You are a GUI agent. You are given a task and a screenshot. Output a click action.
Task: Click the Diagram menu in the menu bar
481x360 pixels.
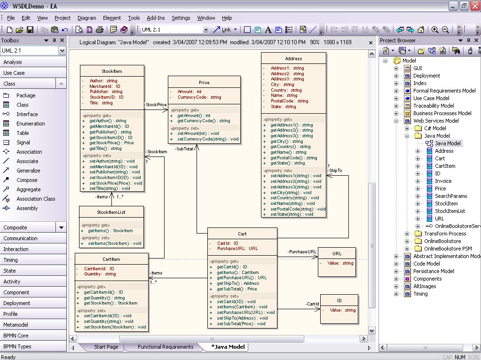tap(87, 18)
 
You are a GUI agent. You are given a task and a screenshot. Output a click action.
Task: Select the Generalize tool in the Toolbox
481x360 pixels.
tap(28, 171)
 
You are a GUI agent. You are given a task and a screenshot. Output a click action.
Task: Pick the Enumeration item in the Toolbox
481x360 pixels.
tap(31, 124)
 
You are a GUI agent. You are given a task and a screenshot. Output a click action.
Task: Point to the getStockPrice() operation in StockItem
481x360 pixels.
tap(111, 143)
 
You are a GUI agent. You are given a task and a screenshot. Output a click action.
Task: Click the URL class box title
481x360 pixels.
tap(337, 254)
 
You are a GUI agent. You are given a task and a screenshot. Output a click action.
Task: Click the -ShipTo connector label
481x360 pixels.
tap(335, 171)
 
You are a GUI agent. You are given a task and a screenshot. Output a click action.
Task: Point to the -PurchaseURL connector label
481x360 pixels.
tap(302, 252)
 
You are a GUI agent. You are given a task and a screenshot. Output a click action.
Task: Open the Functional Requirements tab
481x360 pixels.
tap(165, 347)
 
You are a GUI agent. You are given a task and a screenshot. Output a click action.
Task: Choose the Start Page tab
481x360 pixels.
tap(106, 347)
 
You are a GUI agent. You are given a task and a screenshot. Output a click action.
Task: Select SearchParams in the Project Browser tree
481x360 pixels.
tap(451, 196)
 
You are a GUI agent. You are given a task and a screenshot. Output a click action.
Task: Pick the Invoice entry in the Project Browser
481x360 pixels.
tap(443, 181)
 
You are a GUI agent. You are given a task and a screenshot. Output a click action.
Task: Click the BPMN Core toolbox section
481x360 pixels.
tap(16, 336)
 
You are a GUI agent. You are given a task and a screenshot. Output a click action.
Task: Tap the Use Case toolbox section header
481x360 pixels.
tap(14, 73)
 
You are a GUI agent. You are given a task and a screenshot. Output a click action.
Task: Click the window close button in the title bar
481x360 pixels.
tap(474, 6)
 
